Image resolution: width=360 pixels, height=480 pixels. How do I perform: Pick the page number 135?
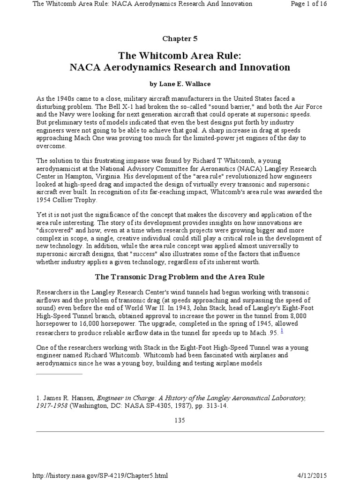(x=180, y=420)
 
